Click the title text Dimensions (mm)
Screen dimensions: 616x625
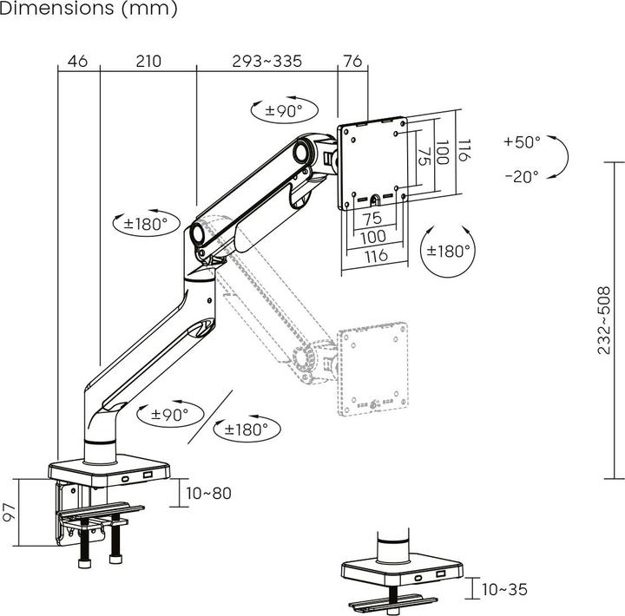pos(89,10)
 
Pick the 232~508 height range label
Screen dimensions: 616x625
pos(604,320)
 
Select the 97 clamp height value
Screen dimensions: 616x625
pos(9,511)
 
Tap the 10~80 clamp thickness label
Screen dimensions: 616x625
pos(209,493)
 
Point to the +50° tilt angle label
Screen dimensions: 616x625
pos(521,141)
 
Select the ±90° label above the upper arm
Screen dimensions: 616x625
pos(278,110)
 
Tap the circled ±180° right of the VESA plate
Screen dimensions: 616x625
pos(448,251)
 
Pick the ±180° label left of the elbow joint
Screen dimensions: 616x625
pos(145,223)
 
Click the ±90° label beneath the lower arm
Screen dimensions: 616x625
pos(169,415)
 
